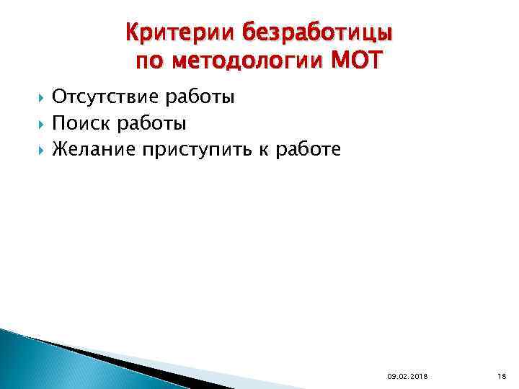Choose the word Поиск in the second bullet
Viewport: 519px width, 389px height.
[81, 124]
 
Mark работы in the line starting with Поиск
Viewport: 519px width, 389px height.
[151, 125]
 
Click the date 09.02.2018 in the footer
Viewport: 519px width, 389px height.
[407, 375]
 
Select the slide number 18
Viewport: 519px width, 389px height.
[502, 375]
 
